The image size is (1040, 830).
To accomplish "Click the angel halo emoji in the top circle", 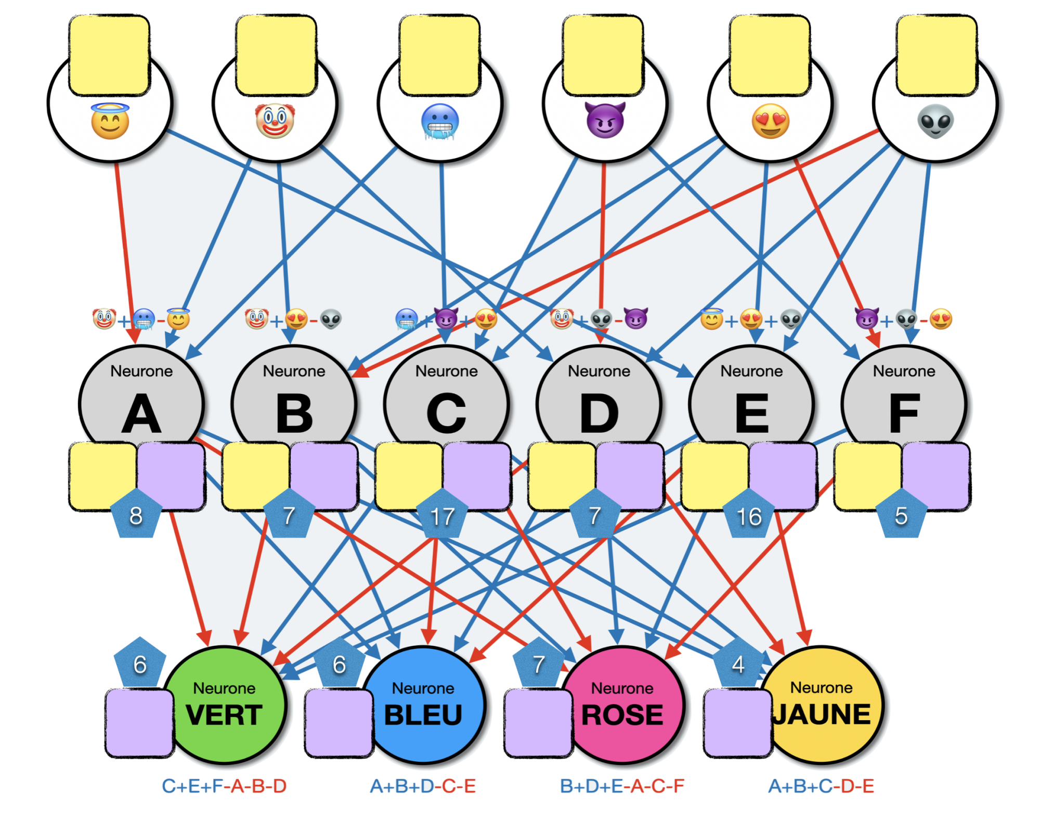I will tap(110, 121).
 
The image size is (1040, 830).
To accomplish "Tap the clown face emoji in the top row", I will tap(275, 121).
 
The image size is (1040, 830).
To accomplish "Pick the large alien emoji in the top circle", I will tap(935, 121).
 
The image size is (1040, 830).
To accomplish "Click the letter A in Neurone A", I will tap(141, 414).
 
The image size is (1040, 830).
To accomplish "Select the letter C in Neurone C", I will tap(446, 414).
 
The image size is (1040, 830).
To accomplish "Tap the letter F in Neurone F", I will tap(905, 414).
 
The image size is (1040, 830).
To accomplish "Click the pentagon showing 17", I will tap(443, 515).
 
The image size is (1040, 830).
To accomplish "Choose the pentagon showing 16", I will tap(749, 515).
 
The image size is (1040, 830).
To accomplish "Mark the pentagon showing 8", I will tap(136, 515).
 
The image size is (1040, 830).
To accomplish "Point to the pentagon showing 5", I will tap(901, 515).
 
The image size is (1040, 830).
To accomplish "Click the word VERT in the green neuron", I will tap(224, 714).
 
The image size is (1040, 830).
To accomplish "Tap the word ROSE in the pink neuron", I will tap(622, 714).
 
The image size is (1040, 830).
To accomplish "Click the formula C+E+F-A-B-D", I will tap(224, 786).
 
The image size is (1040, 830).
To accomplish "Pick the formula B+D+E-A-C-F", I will tap(622, 786).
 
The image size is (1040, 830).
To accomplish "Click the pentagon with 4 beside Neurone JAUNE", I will tap(738, 664).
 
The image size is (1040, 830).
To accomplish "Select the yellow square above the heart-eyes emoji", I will tap(770, 55).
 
